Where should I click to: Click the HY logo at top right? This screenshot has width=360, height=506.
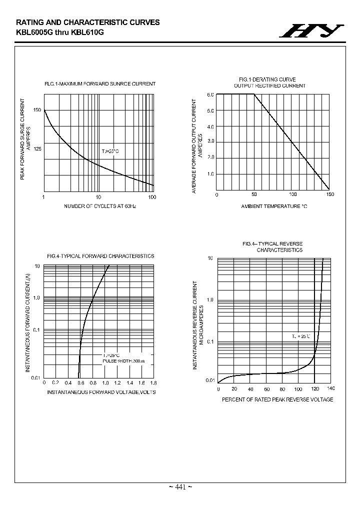pyautogui.click(x=311, y=31)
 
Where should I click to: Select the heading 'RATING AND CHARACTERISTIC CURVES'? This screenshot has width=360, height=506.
pyautogui.click(x=88, y=22)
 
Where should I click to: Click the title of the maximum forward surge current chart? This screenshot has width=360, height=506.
pyautogui.click(x=100, y=84)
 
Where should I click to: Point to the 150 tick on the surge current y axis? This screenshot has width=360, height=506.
pyautogui.click(x=37, y=110)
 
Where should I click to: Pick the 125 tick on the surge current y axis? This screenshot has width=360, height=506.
pyautogui.click(x=37, y=148)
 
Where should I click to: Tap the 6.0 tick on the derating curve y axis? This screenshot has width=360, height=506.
pyautogui.click(x=210, y=94)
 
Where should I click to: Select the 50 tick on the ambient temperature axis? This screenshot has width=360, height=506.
pyautogui.click(x=254, y=194)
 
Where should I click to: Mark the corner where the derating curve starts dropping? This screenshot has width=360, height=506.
pyautogui.click(x=254, y=94)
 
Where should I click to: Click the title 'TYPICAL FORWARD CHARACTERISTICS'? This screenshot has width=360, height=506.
pyautogui.click(x=100, y=256)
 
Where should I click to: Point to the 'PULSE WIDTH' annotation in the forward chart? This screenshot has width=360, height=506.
pyautogui.click(x=123, y=360)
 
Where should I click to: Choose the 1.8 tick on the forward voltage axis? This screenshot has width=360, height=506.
pyautogui.click(x=153, y=382)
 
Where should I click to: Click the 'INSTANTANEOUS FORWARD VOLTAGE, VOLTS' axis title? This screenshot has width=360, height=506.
pyautogui.click(x=101, y=392)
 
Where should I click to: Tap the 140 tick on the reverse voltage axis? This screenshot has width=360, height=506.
pyautogui.click(x=330, y=388)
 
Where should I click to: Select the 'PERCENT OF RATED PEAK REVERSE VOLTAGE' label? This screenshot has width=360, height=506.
pyautogui.click(x=277, y=399)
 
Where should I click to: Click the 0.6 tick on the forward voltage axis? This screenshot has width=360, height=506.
pyautogui.click(x=80, y=382)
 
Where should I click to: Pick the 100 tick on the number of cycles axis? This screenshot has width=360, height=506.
pyautogui.click(x=152, y=197)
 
